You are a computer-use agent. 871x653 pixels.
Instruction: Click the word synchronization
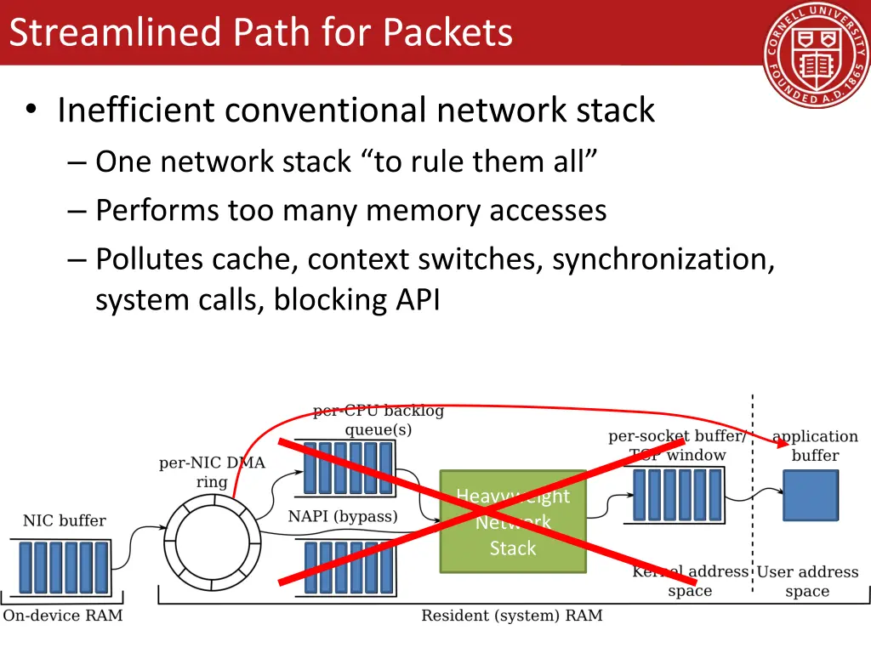pyautogui.click(x=663, y=259)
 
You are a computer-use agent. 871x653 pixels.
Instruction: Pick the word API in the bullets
pyautogui.click(x=416, y=299)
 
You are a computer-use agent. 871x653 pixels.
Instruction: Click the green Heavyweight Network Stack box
pyautogui.click(x=513, y=521)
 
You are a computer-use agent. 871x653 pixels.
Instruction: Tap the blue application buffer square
pyautogui.click(x=810, y=495)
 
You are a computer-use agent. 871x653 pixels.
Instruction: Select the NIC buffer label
pyautogui.click(x=65, y=520)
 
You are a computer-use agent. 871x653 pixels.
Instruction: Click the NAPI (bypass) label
pyautogui.click(x=343, y=516)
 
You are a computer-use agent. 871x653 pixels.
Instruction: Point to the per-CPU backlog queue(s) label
pyautogui.click(x=379, y=420)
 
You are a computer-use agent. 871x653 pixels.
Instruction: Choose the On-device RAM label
pyautogui.click(x=63, y=615)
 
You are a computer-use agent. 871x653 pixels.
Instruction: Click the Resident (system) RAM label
pyautogui.click(x=511, y=615)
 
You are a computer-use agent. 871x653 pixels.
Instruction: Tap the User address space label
pyautogui.click(x=807, y=582)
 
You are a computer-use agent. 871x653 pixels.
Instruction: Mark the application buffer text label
pyautogui.click(x=815, y=446)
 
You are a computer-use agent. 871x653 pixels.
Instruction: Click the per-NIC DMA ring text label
pyautogui.click(x=212, y=472)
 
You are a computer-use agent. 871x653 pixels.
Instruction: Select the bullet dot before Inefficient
pyautogui.click(x=31, y=111)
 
